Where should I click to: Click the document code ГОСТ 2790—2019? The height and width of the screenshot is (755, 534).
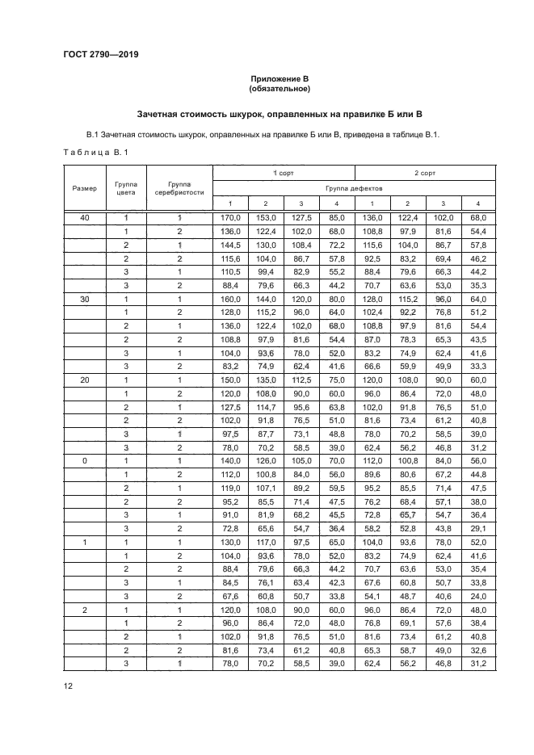[x=102, y=56]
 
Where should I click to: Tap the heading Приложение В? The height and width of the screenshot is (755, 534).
[x=279, y=78]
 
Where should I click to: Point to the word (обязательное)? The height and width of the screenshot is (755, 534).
[x=279, y=89]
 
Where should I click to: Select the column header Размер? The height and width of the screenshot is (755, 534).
[x=85, y=187]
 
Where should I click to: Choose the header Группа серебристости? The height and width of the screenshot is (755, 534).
[x=179, y=187]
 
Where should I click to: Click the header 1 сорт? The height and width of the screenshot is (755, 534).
[x=284, y=173]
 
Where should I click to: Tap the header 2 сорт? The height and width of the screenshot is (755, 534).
[x=425, y=173]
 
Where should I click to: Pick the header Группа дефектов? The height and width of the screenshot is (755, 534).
[x=354, y=187]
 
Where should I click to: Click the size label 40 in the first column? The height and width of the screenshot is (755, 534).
[x=85, y=218]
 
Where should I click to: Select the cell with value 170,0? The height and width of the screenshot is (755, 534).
[x=230, y=218]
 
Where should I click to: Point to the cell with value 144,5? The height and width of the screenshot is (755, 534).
[x=230, y=245]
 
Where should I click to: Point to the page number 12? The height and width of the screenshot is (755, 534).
[x=68, y=686]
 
